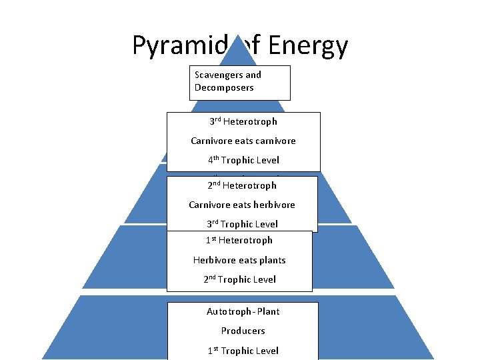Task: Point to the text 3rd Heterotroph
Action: pos(243,121)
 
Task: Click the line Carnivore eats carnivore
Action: pos(243,141)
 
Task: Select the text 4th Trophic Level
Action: pos(243,160)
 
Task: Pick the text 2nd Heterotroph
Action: pos(241,185)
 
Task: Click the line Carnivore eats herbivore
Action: pos(242,205)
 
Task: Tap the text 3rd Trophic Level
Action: pos(242,224)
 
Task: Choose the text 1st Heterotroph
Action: pos(239,240)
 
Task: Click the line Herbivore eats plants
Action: pos(239,260)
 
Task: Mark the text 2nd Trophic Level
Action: pos(239,279)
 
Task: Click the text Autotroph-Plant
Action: pos(243,311)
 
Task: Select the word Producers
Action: pos(243,331)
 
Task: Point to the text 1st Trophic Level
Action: pos(243,351)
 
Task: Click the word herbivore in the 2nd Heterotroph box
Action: pos(273,205)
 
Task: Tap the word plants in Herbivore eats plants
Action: pos(272,260)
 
